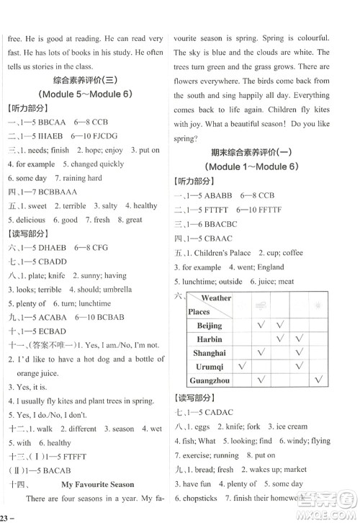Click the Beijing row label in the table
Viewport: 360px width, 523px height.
click(210, 326)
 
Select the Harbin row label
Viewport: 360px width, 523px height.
click(210, 339)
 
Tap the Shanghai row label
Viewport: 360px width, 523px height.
click(210, 353)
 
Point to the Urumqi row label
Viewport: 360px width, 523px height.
click(210, 367)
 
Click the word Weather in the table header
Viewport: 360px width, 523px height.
click(216, 298)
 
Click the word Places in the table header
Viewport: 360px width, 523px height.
click(199, 312)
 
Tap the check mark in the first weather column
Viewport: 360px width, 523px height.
click(242, 367)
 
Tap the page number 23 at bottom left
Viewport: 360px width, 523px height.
click(6, 517)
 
